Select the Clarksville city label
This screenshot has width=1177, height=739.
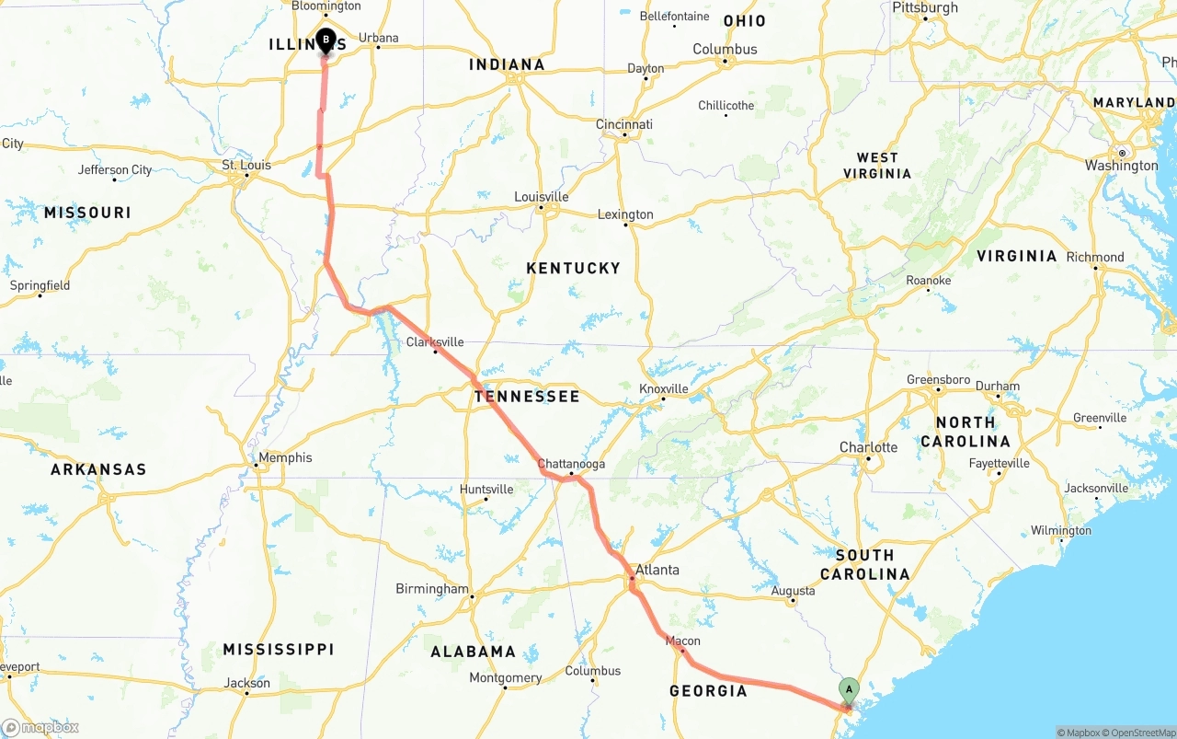[435, 342]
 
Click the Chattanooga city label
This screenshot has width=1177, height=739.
[571, 464]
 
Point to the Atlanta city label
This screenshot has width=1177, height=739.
[657, 570]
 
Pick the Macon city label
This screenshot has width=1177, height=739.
[683, 641]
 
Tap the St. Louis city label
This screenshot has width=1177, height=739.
[246, 165]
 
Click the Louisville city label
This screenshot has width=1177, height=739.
[542, 197]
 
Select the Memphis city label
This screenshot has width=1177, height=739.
[285, 457]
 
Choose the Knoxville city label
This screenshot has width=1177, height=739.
[664, 388]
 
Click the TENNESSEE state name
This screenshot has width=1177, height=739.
[527, 397]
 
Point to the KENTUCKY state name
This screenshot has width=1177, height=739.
[574, 268]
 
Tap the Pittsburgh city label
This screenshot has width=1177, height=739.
[925, 8]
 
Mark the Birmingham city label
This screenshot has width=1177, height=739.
[432, 589]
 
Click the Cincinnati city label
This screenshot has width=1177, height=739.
[624, 124]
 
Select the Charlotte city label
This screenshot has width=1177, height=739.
[868, 447]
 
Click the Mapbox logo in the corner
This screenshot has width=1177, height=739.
[40, 727]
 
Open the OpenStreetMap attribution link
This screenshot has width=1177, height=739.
[1142, 733]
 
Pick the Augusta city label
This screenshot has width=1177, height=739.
[793, 591]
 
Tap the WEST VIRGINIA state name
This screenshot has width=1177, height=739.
[877, 166]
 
